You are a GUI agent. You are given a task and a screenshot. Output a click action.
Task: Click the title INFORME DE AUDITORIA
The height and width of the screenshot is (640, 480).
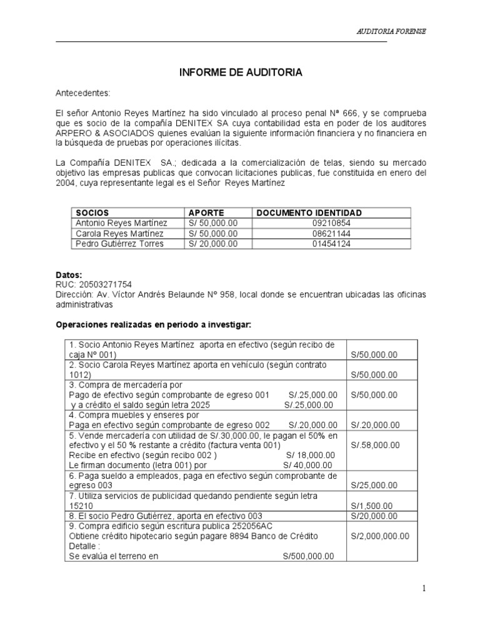coord(241,73)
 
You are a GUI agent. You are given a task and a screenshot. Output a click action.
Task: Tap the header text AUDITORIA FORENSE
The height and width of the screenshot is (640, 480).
coord(391,31)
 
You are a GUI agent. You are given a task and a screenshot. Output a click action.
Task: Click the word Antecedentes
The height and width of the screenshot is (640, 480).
coord(82,93)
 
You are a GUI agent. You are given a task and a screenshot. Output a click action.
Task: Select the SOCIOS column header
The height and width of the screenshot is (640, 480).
coord(92,213)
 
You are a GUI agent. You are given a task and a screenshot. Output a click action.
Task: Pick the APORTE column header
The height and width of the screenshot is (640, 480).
coord(206,213)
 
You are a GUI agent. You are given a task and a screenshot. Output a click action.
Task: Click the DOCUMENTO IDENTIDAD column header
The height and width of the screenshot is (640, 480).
coord(309,213)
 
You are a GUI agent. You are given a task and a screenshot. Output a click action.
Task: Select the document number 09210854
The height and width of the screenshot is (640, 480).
coord(331,223)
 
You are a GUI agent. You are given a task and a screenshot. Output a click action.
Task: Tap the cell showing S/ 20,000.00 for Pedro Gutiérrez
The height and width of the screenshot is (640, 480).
coord(212,244)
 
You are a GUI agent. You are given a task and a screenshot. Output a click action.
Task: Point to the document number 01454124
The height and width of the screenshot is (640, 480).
coord(331,244)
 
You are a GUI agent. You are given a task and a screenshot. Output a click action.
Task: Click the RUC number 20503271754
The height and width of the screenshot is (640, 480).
coord(104,284)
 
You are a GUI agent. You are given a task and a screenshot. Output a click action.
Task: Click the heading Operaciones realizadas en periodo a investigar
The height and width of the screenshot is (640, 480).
coord(153,324)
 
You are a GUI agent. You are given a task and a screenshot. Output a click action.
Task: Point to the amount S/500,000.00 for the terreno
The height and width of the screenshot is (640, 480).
coord(308,556)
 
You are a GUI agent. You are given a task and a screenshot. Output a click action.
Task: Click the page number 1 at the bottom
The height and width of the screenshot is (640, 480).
coord(423,587)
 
